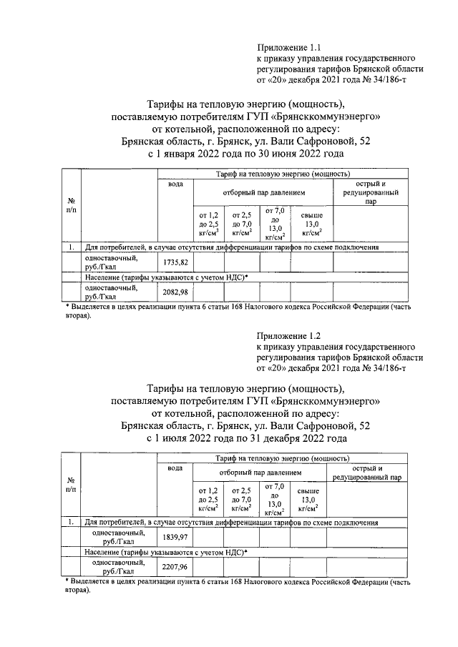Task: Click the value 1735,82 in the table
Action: coord(175,262)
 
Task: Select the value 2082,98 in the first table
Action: coord(175,292)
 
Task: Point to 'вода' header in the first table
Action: coord(175,184)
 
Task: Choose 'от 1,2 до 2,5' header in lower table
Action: coord(208,500)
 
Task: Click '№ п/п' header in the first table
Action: coord(71,205)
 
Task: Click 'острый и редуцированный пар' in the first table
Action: coord(370,192)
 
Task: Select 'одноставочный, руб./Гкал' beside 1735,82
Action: coord(107,262)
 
